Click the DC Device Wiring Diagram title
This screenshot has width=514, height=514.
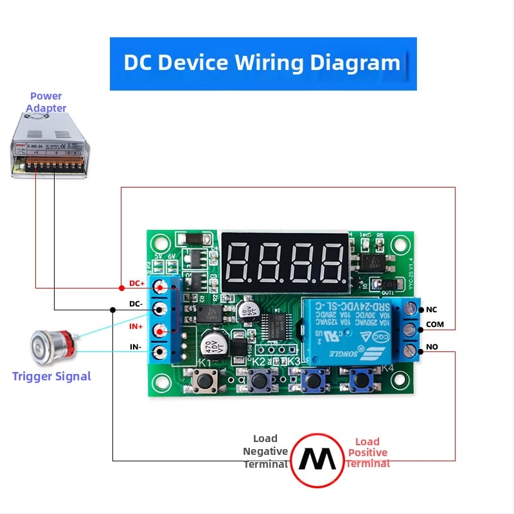[262, 63]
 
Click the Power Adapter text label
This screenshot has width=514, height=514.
[46, 102]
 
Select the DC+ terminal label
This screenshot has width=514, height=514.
[137, 283]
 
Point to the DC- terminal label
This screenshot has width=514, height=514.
[136, 304]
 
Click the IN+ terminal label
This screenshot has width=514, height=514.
[136, 327]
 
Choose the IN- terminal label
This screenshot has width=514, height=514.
[136, 348]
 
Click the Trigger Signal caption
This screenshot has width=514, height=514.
[51, 377]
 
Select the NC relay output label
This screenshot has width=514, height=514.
[431, 310]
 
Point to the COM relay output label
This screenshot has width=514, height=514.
[434, 324]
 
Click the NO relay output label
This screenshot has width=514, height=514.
[432, 347]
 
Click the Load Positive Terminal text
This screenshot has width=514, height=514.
[368, 452]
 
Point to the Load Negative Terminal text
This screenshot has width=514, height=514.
[265, 451]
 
